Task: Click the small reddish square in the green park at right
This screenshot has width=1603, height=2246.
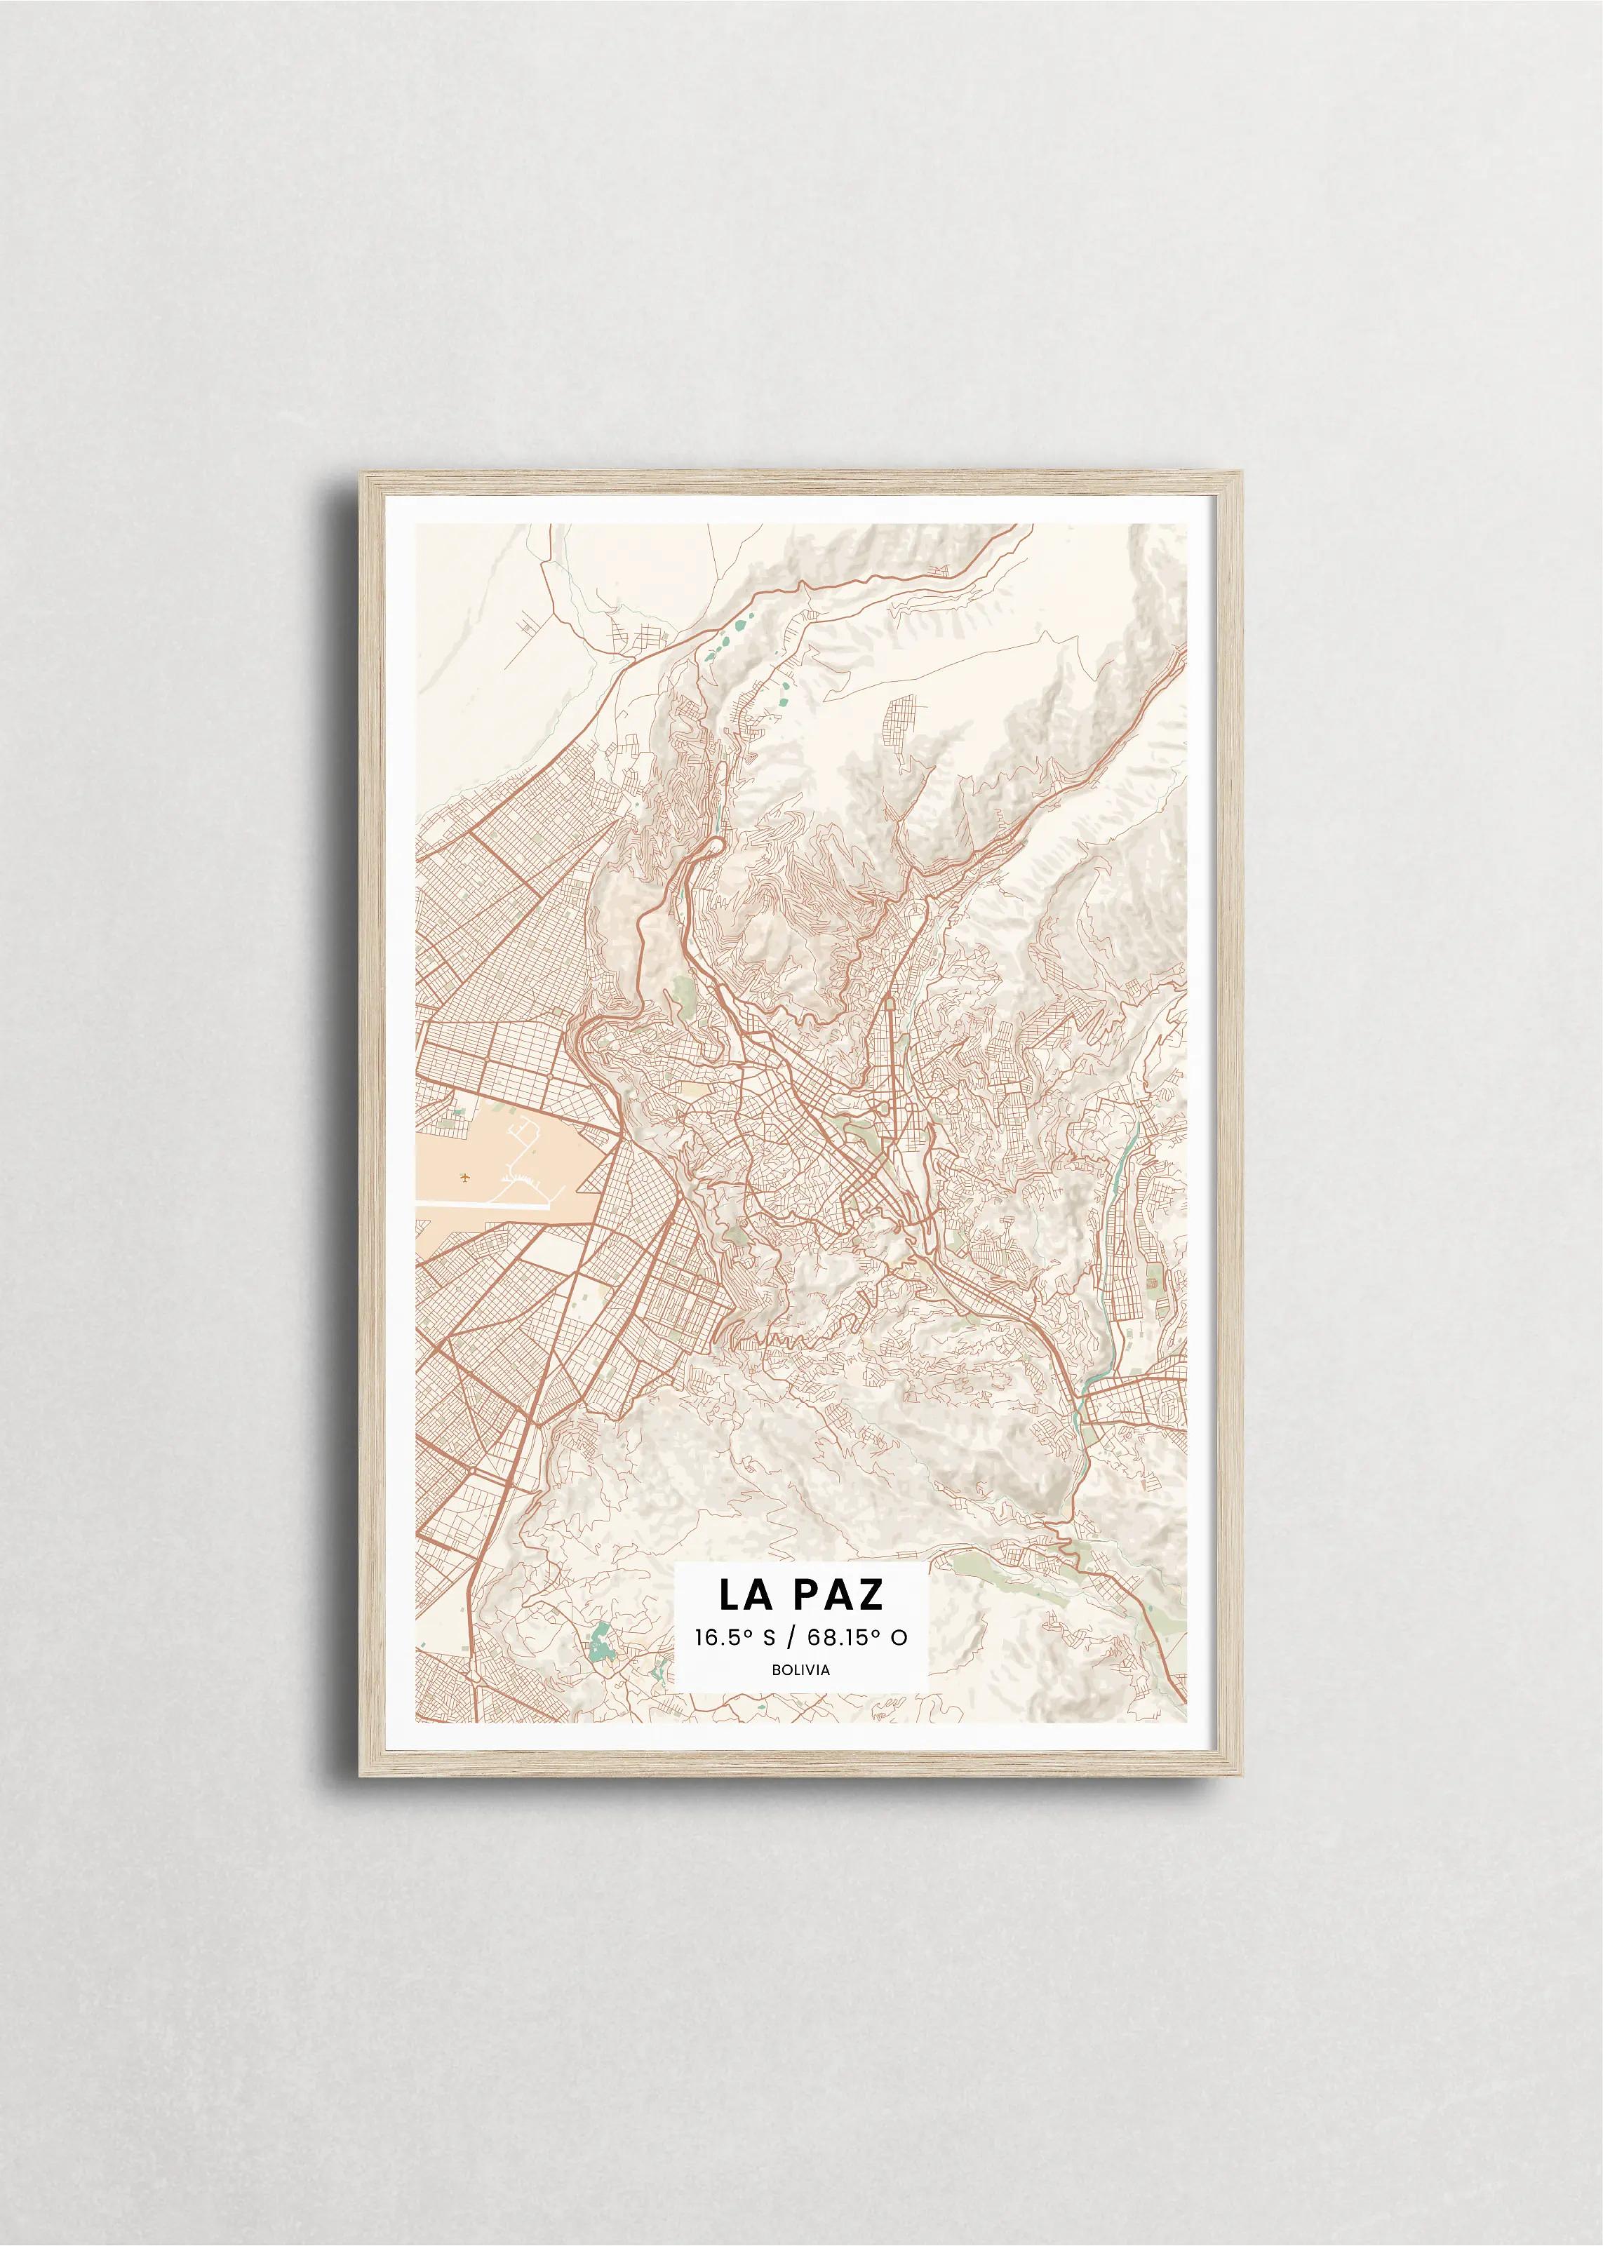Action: click(1151, 1286)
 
